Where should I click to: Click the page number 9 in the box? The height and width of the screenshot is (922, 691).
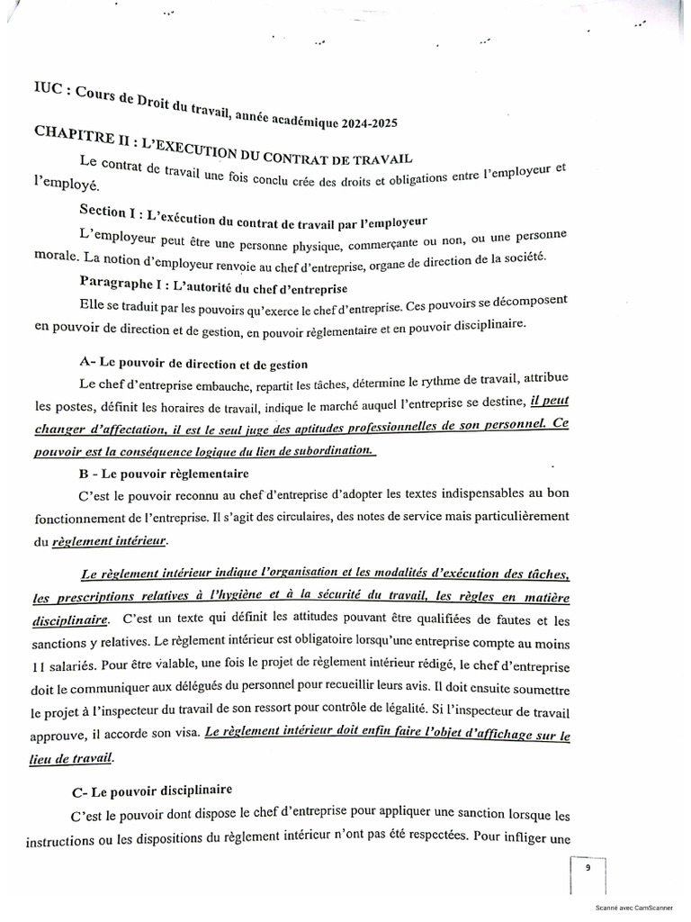(587, 869)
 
